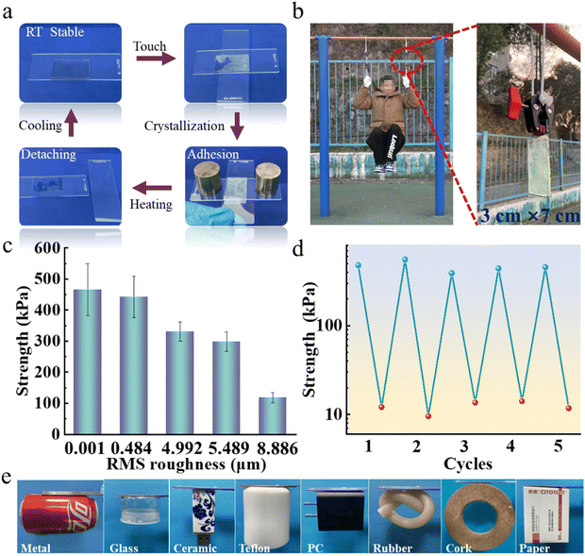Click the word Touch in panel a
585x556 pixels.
(149, 46)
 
